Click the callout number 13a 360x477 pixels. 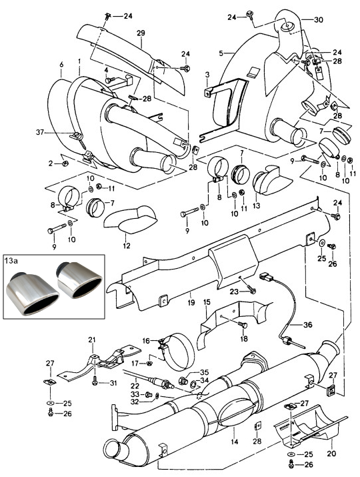pyautogui.click(x=11, y=261)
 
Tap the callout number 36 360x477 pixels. pyautogui.click(x=308, y=325)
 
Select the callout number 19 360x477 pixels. pyautogui.click(x=191, y=304)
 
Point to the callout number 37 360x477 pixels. pyautogui.click(x=40, y=132)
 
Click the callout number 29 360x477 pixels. pyautogui.click(x=141, y=33)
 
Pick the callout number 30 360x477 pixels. pyautogui.click(x=319, y=20)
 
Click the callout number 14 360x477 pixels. pyautogui.click(x=235, y=442)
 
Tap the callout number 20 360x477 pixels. pyautogui.click(x=332, y=453)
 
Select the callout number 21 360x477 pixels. pyautogui.click(x=92, y=339)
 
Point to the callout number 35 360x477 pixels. pyautogui.click(x=204, y=372)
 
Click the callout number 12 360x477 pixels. pyautogui.click(x=127, y=246)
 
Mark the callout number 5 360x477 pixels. pyautogui.click(x=221, y=53)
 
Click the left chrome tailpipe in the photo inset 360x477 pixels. pyautogui.click(x=32, y=294)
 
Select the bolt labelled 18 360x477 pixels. pyautogui.click(x=243, y=325)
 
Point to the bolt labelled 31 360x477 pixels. pyautogui.click(x=95, y=380)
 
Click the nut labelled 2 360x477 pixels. pyautogui.click(x=65, y=163)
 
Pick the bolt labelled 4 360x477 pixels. pyautogui.click(x=110, y=80)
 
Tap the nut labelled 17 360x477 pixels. pyautogui.click(x=149, y=363)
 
